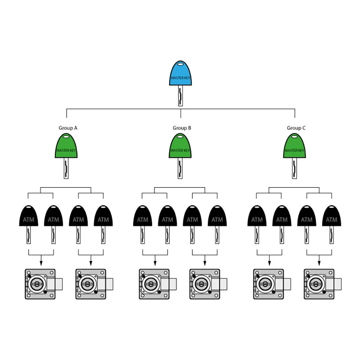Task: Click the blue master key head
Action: click(x=180, y=73)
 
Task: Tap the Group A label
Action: click(x=68, y=128)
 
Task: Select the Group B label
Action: click(x=182, y=128)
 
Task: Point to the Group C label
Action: click(x=296, y=128)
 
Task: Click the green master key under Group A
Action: click(x=66, y=156)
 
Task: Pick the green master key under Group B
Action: click(x=180, y=156)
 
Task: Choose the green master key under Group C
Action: click(x=294, y=156)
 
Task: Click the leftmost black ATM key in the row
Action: click(x=28, y=224)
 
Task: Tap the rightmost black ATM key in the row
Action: click(x=332, y=224)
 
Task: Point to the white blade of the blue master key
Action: click(x=180, y=96)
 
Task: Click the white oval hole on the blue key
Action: click(x=180, y=63)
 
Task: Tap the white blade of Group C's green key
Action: click(x=294, y=168)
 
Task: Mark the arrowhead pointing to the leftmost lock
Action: click(x=41, y=264)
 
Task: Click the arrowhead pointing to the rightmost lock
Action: click(x=319, y=264)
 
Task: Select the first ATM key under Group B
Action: click(x=143, y=224)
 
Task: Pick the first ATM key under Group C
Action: click(x=257, y=224)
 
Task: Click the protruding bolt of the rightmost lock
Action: click(x=338, y=284)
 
